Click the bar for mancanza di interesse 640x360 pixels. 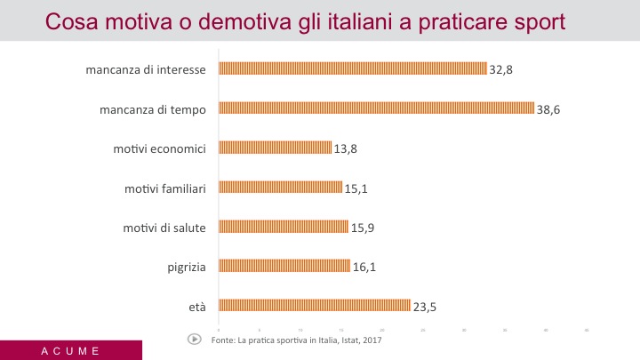point(353,68)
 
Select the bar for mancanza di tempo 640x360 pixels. point(376,108)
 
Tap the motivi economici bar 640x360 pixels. point(275,148)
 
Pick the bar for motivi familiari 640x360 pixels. point(280,187)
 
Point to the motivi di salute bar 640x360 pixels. point(284,227)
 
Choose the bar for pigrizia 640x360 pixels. point(284,266)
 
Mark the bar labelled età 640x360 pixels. point(315,305)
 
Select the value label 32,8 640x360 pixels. point(501,69)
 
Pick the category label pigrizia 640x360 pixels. point(187,267)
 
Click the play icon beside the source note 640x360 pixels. point(194,339)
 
